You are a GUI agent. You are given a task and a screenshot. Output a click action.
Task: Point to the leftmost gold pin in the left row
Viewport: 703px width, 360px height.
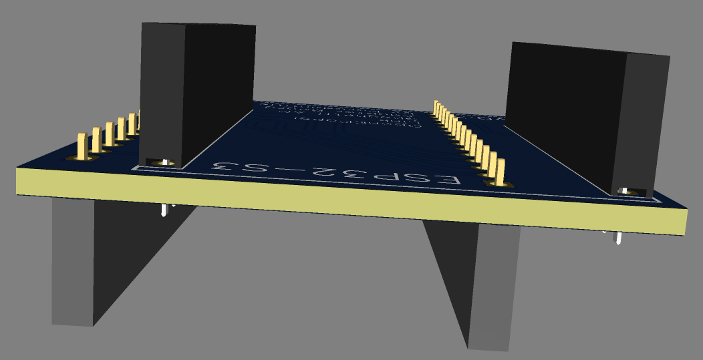click(x=82, y=147)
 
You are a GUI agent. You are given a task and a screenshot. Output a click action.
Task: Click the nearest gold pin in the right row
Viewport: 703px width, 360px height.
click(x=499, y=171)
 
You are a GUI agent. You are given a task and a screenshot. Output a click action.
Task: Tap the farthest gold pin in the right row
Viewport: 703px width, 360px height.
click(x=436, y=107)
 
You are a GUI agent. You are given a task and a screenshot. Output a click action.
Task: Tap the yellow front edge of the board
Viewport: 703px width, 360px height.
click(x=334, y=198)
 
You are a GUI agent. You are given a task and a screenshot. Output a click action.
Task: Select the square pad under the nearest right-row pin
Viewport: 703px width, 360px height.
click(x=499, y=182)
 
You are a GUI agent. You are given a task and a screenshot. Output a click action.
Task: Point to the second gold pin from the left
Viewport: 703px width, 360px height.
click(x=96, y=139)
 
